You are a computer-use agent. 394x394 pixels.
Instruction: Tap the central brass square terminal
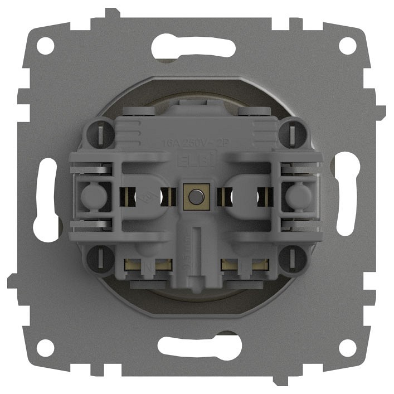tap(196, 196)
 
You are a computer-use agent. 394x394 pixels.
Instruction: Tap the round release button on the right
tap(300, 196)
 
